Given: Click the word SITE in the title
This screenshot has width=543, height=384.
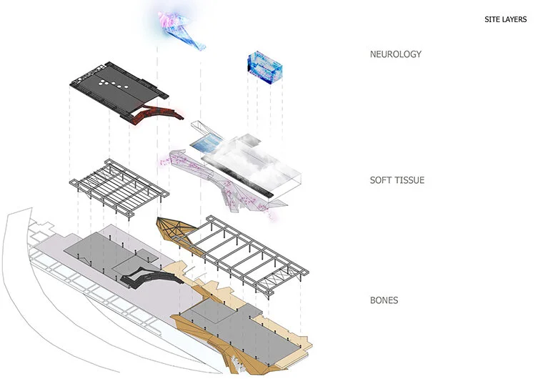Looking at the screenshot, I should tap(492, 19).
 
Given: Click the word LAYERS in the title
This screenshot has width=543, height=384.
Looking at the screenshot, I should tap(514, 19).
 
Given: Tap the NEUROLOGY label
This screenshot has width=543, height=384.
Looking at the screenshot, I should tap(396, 54).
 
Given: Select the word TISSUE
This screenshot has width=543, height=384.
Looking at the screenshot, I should tap(412, 180).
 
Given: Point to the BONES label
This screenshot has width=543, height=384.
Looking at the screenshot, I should tap(384, 300).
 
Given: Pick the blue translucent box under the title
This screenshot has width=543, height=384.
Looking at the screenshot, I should tap(264, 69).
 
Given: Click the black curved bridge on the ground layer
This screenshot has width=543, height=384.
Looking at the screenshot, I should tap(150, 272).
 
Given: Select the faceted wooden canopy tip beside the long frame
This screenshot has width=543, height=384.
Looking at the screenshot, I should tap(175, 231).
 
